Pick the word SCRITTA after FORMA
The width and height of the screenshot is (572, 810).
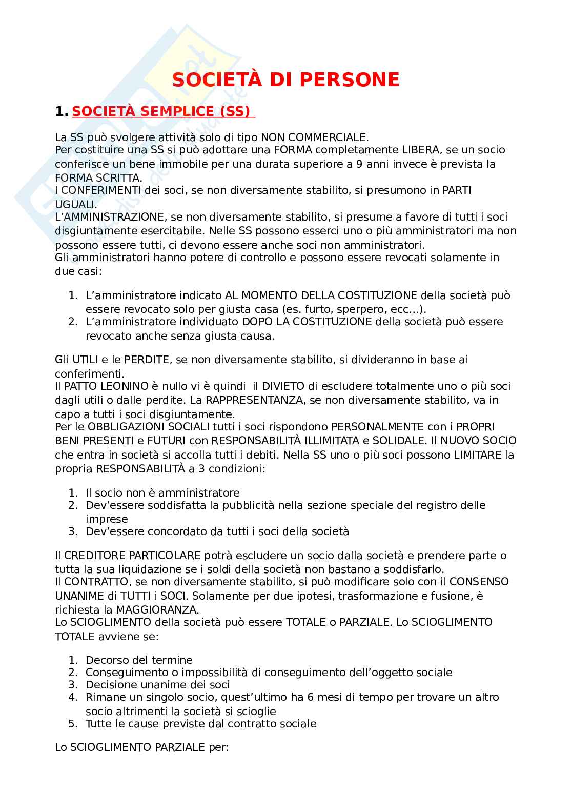pyautogui.click(x=120, y=177)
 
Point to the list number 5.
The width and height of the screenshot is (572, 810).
pyautogui.click(x=72, y=724)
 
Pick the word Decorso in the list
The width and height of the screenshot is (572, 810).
pyautogui.click(x=106, y=660)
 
